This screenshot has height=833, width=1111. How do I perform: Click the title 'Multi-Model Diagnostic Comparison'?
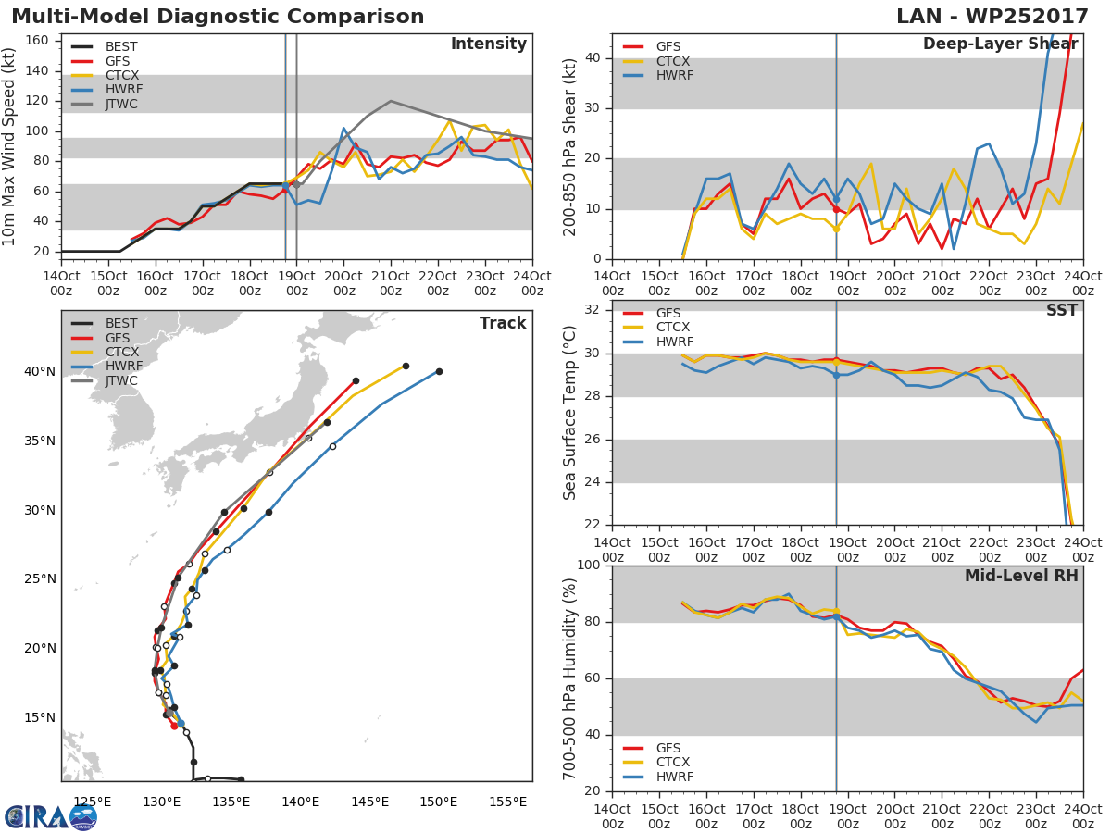(218, 17)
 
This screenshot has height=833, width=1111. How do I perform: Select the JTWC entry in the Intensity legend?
(121, 105)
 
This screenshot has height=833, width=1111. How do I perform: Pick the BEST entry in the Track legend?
(121, 324)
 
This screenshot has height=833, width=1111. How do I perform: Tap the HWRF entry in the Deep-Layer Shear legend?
(674, 76)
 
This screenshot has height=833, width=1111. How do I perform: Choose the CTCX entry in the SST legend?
(672, 328)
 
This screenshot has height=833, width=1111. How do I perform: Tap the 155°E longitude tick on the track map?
(507, 802)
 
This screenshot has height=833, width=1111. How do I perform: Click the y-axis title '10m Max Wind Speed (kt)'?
(10, 148)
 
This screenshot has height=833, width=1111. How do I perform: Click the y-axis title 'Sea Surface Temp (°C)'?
(570, 413)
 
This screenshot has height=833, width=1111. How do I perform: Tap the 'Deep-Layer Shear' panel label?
(1000, 44)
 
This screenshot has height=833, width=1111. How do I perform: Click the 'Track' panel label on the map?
(503, 323)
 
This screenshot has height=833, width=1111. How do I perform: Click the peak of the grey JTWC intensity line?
(390, 101)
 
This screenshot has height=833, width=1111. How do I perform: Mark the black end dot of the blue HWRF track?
(439, 371)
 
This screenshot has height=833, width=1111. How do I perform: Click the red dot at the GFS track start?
(174, 726)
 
